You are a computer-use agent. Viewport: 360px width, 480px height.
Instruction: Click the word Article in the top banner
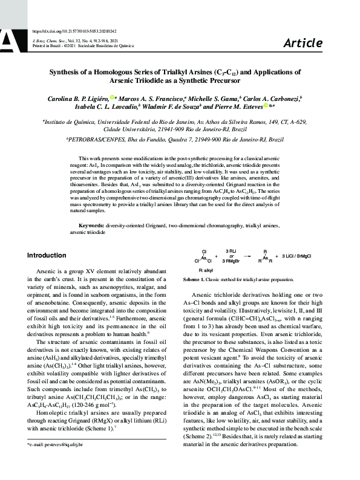point(303,43)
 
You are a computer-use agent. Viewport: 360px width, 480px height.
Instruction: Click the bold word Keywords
point(93,225)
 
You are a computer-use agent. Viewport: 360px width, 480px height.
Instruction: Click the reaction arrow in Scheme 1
point(231,257)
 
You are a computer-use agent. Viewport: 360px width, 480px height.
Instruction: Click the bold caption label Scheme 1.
point(195,280)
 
